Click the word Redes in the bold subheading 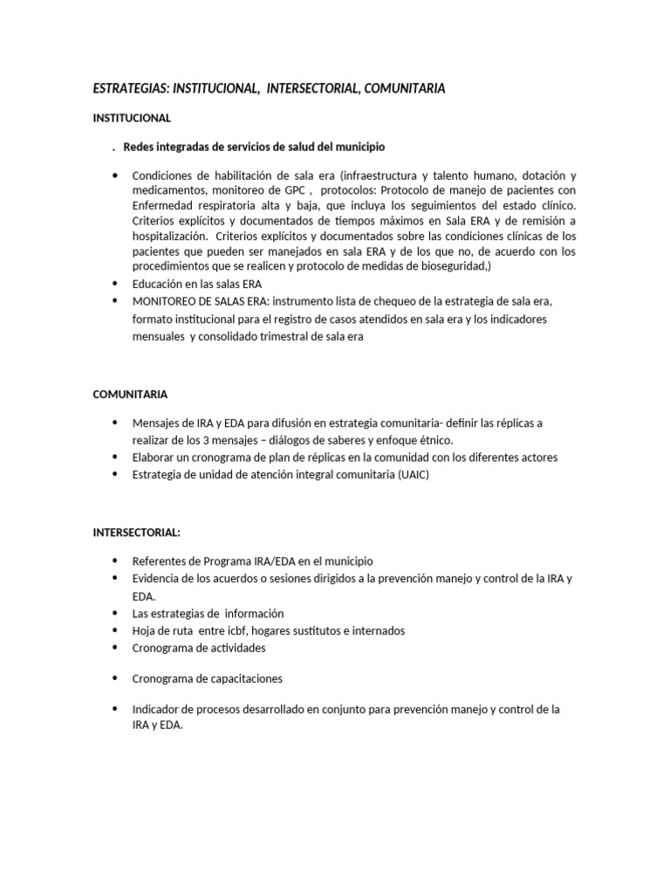pyautogui.click(x=139, y=146)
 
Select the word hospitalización pyautogui.click(x=169, y=237)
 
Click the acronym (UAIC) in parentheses pyautogui.click(x=412, y=474)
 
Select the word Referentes pyautogui.click(x=161, y=561)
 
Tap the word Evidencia pyautogui.click(x=159, y=579)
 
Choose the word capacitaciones pyautogui.click(x=242, y=678)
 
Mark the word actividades pyautogui.click(x=233, y=648)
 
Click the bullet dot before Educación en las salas pyautogui.click(x=114, y=284)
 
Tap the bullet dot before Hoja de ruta pyautogui.click(x=114, y=630)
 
